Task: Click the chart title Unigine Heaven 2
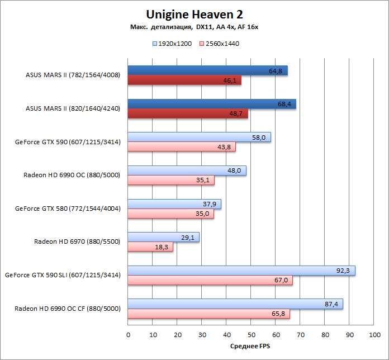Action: [x=194, y=13]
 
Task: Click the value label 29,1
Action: [x=188, y=238]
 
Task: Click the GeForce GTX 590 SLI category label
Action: [x=63, y=275]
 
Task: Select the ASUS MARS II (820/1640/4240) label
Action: [x=73, y=108]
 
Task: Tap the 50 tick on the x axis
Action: [x=252, y=334]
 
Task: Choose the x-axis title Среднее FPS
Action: [x=251, y=347]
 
